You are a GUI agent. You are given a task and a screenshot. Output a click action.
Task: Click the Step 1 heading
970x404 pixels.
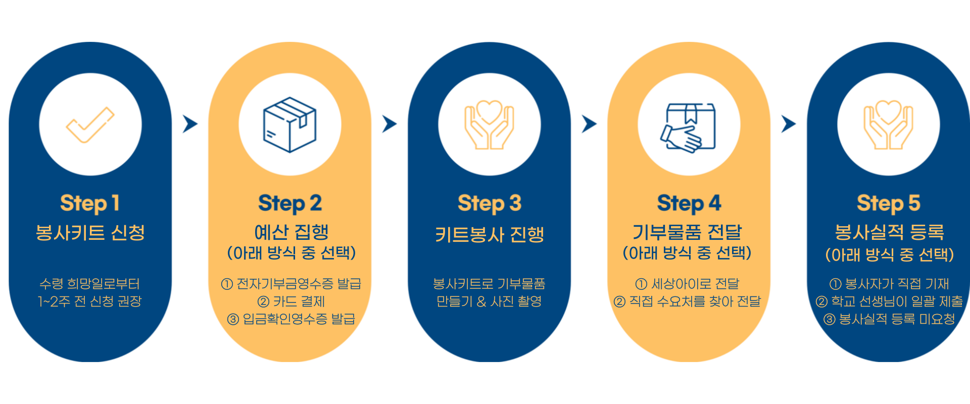click(x=90, y=204)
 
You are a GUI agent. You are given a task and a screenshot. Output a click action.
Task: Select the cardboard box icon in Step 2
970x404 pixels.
click(x=290, y=125)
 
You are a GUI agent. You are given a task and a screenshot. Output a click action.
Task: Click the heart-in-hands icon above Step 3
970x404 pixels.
click(x=489, y=125)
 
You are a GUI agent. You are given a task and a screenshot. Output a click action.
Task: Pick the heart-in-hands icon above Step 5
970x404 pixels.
click(x=888, y=125)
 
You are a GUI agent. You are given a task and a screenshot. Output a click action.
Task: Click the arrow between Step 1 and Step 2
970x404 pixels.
click(x=190, y=124)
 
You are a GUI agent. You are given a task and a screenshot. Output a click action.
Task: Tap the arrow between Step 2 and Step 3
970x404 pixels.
click(x=390, y=124)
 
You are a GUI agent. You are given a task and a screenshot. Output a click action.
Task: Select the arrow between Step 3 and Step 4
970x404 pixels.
click(x=589, y=124)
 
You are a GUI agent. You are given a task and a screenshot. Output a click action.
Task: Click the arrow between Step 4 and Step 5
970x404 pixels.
click(x=789, y=124)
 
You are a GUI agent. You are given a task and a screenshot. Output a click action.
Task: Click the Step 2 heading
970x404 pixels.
click(x=290, y=204)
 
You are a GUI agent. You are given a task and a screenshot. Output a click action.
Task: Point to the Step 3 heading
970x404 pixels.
click(x=490, y=204)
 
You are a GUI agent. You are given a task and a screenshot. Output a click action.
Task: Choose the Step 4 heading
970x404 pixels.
click(x=689, y=204)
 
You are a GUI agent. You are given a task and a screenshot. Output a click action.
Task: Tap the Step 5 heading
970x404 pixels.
click(x=889, y=204)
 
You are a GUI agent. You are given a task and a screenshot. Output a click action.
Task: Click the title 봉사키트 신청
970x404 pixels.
click(x=90, y=233)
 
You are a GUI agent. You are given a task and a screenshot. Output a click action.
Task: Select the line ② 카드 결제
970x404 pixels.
click(x=291, y=301)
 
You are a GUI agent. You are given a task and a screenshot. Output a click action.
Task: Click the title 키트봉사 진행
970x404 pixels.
click(x=490, y=234)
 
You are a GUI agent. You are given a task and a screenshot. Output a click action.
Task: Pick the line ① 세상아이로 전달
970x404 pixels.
click(x=687, y=284)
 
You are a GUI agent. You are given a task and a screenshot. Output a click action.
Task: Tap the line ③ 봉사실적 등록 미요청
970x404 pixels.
click(x=889, y=319)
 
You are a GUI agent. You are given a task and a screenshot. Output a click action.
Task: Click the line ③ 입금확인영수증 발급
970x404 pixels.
click(x=291, y=319)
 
